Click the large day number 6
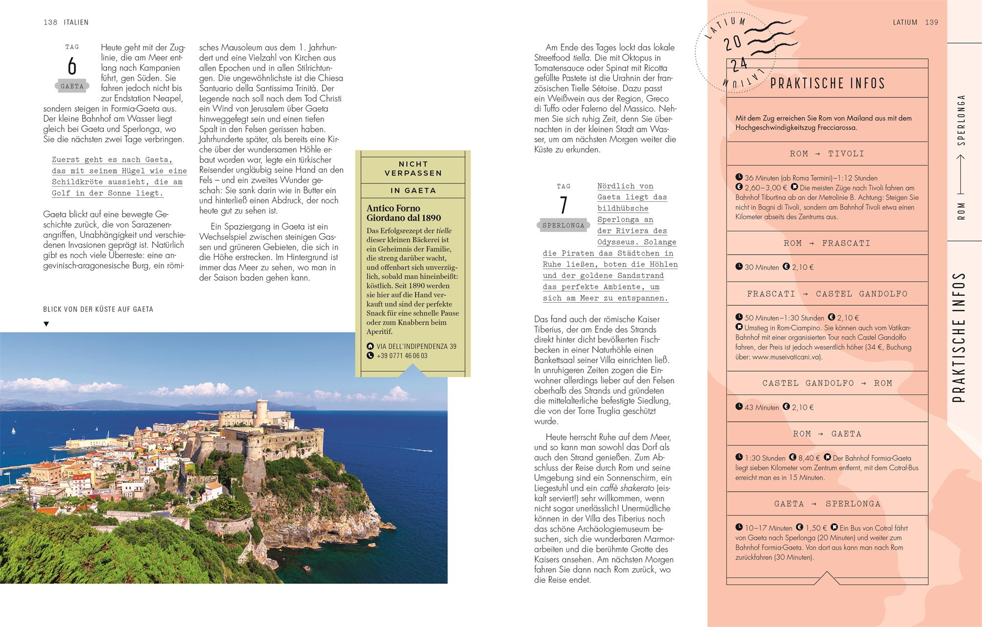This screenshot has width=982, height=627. pos(72,66)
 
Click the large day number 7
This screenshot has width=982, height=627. pos(563,205)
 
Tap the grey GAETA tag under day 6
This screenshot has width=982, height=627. pos(72,86)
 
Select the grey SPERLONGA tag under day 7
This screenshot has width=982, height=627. pos(563,225)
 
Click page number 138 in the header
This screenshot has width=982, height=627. pos(50,23)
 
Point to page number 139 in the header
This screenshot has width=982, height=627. pos(932,23)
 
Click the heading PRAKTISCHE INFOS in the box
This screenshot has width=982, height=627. pos(827,84)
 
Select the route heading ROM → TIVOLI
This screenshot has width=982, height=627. pos(827,154)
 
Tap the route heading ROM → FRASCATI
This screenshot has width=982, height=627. pos(827,243)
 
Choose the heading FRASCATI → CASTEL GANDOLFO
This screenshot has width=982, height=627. pos(827,294)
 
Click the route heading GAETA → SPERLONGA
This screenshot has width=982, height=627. pos(827,504)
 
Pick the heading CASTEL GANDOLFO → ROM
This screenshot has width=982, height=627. pos(827,384)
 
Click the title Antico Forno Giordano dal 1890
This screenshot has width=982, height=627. pos(403,213)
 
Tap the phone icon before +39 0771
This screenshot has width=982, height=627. pos(370,356)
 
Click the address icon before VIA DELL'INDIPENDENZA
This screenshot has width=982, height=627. pos(370,346)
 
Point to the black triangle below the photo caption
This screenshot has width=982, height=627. pos(47,324)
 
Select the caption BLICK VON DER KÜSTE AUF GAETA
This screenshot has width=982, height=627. pos(98,310)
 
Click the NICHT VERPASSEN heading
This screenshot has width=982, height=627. pos(413,169)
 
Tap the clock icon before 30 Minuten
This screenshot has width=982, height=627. pos(739,267)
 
